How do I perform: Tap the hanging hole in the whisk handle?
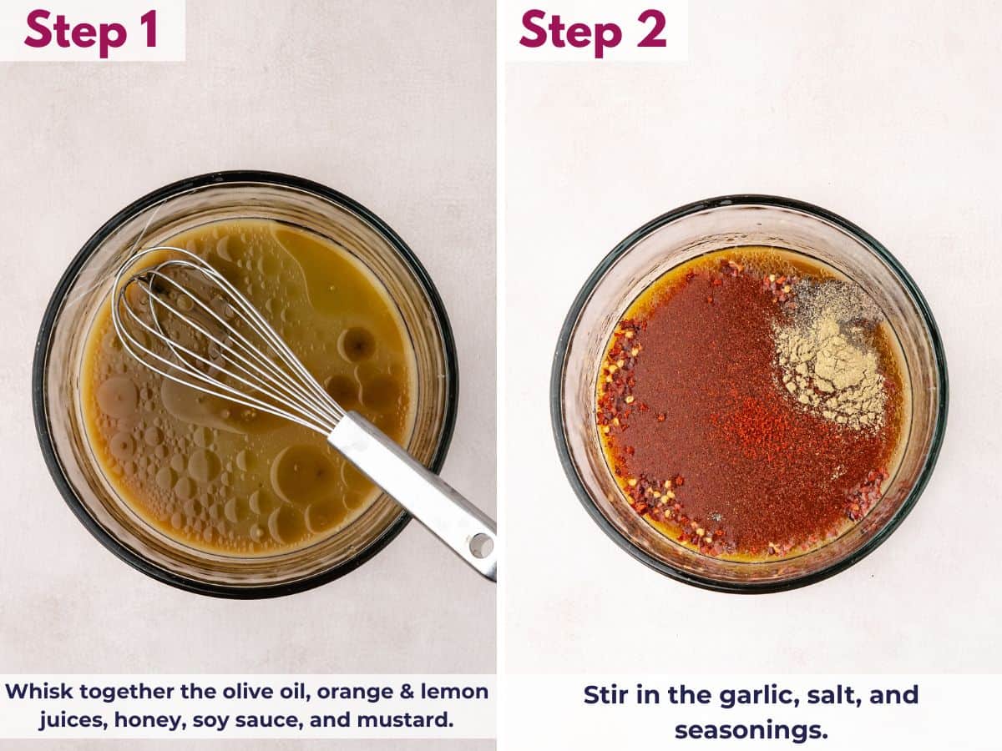pyautogui.click(x=481, y=545)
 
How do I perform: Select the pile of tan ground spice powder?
pyautogui.click(x=827, y=359)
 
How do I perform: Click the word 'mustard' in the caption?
pyautogui.click(x=413, y=719)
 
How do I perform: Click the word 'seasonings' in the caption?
pyautogui.click(x=751, y=730)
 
